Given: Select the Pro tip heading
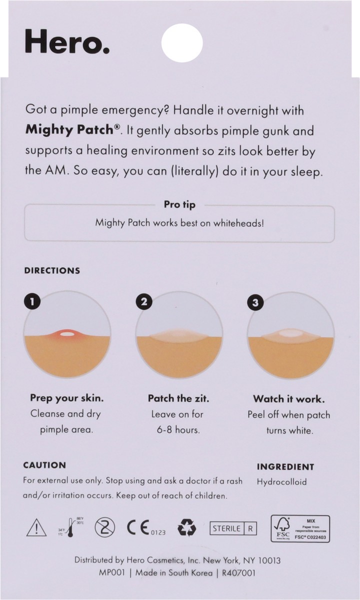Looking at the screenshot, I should tap(180, 204).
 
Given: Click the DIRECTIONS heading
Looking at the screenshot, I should tap(52, 270).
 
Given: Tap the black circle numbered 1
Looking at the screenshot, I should tap(32, 302).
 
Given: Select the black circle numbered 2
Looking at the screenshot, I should tap(144, 302).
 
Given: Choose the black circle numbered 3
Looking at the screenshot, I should tap(256, 302).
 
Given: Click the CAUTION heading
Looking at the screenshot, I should tap(44, 465).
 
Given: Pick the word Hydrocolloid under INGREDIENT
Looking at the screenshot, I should tap(281, 482).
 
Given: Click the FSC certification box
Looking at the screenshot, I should tap(300, 527).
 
